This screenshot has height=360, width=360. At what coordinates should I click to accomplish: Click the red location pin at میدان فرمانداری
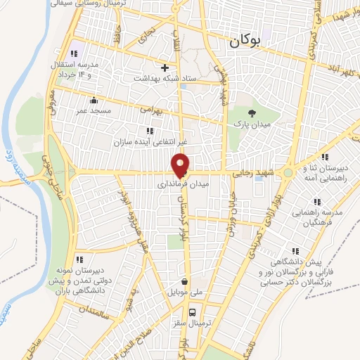181,165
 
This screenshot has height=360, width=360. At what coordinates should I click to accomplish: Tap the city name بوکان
245,42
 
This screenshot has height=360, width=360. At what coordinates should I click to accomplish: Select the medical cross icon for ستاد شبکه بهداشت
165,68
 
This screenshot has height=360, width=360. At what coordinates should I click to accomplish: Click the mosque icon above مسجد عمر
94,100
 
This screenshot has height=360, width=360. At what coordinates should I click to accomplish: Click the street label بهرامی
150,110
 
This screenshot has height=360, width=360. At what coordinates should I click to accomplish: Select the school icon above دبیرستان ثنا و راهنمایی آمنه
324,157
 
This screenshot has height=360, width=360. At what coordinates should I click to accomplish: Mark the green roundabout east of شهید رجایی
288,172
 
